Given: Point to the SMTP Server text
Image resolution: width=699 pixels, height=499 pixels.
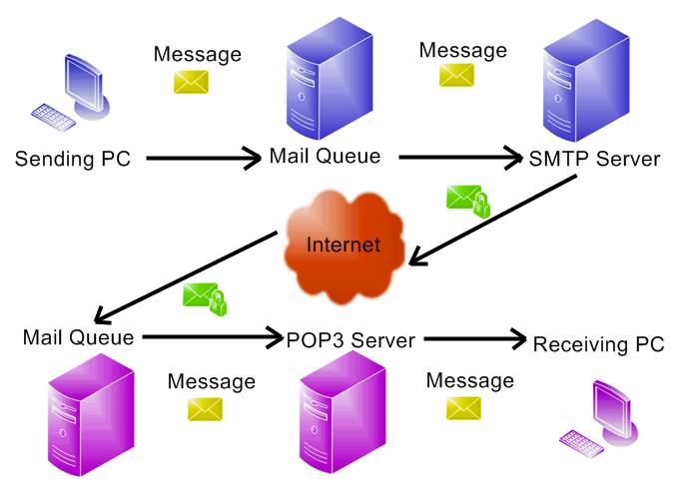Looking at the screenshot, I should point(594,158).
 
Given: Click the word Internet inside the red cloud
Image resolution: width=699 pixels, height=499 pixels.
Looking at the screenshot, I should point(343,245).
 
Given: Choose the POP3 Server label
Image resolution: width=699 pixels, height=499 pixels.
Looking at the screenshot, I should point(350,340).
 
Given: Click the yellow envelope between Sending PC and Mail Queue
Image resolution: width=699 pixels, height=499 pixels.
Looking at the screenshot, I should point(194,83).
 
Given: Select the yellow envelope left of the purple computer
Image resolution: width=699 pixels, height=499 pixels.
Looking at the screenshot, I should point(464,408).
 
